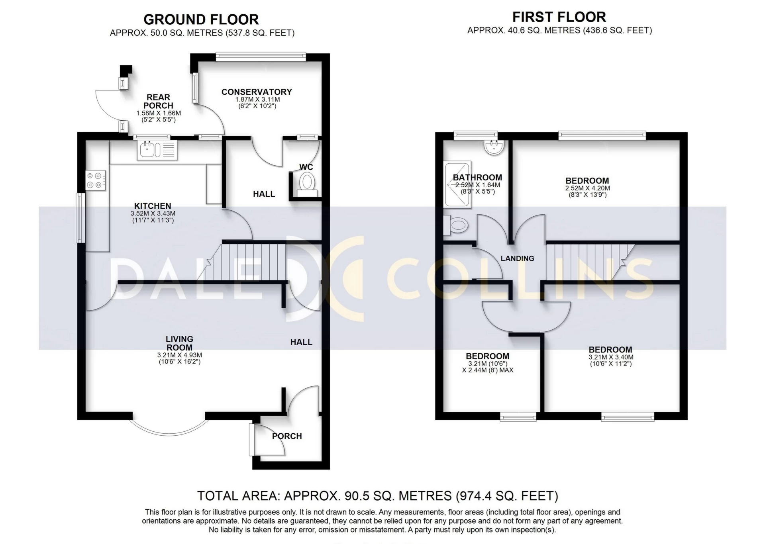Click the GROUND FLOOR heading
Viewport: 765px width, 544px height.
point(201,20)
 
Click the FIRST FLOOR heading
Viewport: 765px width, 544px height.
point(559,17)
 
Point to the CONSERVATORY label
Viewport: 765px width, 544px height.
point(257,92)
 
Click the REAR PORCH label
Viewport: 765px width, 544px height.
point(158,102)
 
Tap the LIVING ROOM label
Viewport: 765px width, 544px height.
point(179,343)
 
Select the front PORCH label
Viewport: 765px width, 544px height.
point(287,436)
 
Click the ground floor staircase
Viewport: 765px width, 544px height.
point(247,262)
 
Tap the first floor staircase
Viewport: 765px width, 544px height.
point(586,262)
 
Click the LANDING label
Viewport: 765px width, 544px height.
point(517,258)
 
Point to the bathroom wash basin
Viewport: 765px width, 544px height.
point(494,147)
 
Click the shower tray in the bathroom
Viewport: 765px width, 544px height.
point(458,184)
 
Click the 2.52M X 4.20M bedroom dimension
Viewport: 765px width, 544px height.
point(587,188)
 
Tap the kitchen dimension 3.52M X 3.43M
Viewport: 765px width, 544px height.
point(153,213)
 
